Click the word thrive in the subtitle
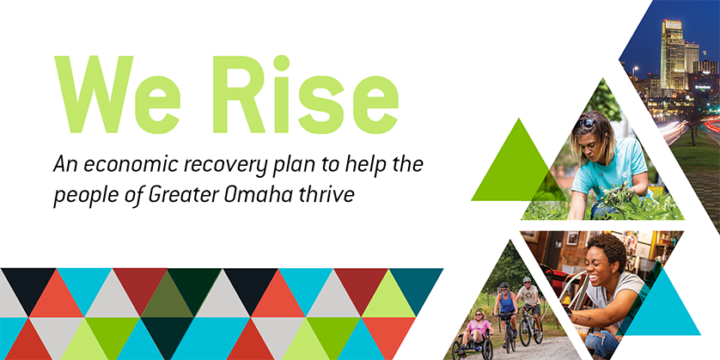[x=332, y=193]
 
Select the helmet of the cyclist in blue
[x=504, y=286]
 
